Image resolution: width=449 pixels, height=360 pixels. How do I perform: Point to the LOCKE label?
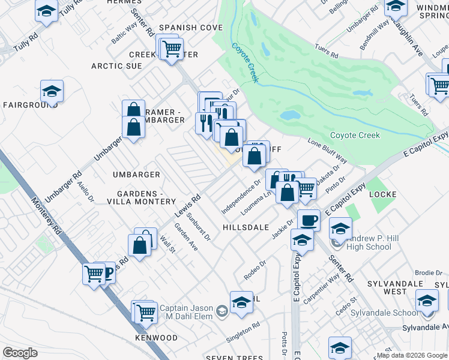[x=383, y=194]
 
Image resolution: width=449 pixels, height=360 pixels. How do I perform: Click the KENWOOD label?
[x=156, y=338]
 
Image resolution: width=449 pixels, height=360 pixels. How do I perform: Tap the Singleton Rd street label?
[x=243, y=333]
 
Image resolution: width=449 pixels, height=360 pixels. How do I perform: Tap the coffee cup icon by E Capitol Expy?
[x=309, y=220]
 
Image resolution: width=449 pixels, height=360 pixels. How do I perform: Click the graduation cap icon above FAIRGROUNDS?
[x=52, y=91]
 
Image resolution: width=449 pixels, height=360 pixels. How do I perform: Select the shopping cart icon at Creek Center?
[x=172, y=47]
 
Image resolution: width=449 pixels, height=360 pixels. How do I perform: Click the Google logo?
[x=20, y=353]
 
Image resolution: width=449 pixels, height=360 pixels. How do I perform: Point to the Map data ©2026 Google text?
[x=412, y=355]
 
